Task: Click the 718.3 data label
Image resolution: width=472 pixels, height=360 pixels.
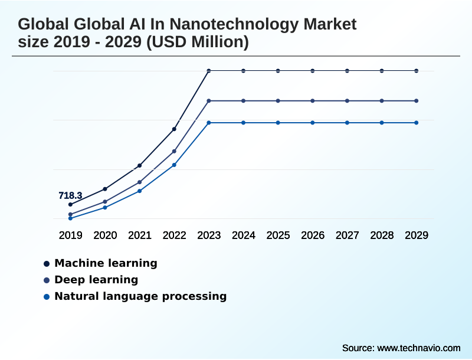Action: pos(70,195)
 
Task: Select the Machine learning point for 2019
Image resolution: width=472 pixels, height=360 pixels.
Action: pos(70,204)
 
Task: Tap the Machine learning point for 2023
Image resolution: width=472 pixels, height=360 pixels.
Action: pos(209,71)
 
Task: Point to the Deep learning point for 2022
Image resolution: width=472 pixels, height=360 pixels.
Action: pos(174,151)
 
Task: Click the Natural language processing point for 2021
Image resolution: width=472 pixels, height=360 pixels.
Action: pos(140,191)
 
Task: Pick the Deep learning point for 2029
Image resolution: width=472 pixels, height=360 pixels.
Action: pos(417,101)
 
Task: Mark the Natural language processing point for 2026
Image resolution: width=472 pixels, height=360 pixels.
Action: pos(313,123)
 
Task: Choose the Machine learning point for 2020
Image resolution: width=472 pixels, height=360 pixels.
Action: pos(105,189)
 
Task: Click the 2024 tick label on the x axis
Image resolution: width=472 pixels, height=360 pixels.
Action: pos(243,235)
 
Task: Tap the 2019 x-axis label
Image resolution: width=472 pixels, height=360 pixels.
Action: pos(70,235)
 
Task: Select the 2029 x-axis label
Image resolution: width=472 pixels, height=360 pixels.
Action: pos(417,235)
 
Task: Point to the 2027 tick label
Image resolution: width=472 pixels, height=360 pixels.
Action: pos(348,235)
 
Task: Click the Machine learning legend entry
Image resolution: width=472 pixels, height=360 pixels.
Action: pos(106,263)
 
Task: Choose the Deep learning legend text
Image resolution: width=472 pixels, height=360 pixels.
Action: pos(96,280)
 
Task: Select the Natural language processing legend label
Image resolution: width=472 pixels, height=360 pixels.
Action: pos(140,296)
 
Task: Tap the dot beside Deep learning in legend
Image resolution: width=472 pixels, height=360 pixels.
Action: pos(47,280)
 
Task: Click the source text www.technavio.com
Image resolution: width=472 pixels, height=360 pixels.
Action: pos(418,348)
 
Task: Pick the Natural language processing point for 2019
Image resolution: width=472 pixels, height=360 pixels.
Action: pos(70,218)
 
